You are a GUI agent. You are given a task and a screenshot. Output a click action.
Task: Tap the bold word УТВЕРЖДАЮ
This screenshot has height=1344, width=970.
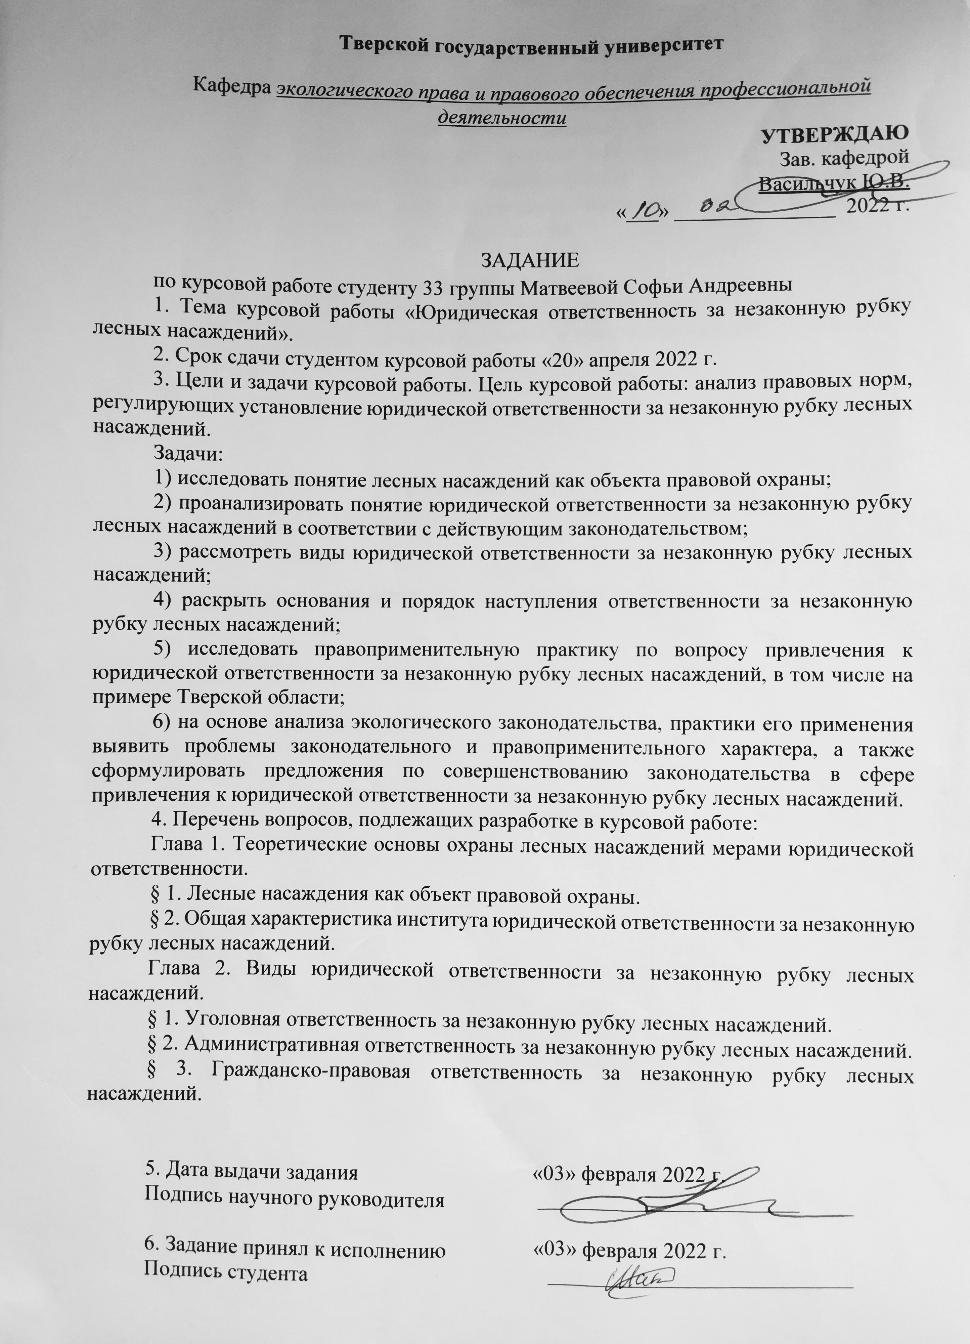834,134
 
